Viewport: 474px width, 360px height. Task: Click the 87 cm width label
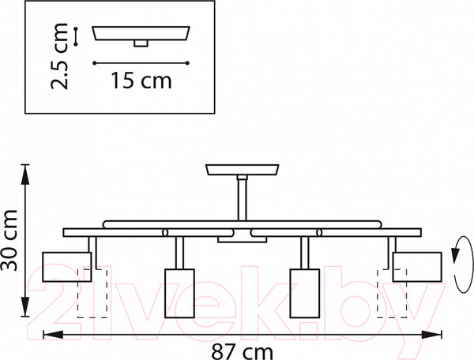[242, 352]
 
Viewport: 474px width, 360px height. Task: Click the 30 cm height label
[9, 240]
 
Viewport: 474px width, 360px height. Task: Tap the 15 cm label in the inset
[141, 81]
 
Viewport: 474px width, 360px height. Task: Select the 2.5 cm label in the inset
[59, 56]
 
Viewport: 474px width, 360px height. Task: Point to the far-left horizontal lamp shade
[67, 267]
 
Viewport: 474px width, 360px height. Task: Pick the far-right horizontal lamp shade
[417, 267]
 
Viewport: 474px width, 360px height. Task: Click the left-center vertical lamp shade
[179, 293]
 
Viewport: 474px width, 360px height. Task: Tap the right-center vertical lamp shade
[305, 293]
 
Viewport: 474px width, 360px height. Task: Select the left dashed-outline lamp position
[92, 293]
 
